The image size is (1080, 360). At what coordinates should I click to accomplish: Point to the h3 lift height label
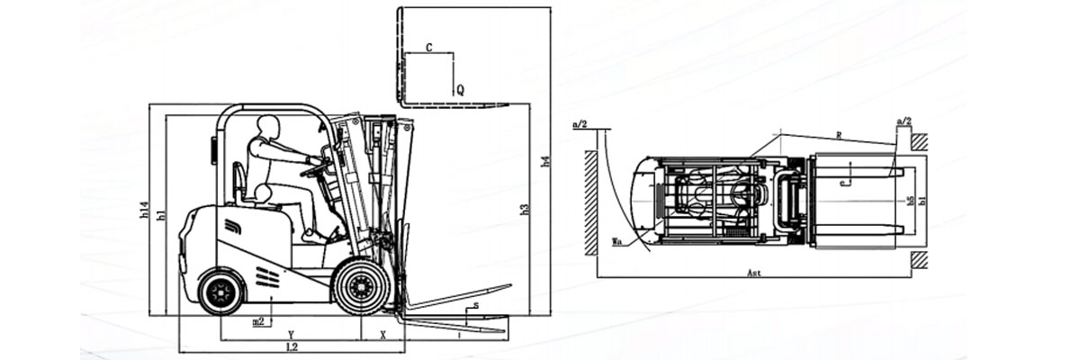525,210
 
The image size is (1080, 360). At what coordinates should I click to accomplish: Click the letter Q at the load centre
459,90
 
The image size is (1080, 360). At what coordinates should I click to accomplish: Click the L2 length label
292,346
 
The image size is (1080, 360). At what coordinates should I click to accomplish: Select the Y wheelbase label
291,334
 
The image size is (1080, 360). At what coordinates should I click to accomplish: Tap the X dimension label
383,334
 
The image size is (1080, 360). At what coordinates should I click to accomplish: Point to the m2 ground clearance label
258,320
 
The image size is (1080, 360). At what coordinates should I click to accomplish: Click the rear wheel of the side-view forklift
220,292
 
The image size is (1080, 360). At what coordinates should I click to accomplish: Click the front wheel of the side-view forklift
362,286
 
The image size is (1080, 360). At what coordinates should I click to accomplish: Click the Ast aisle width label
753,272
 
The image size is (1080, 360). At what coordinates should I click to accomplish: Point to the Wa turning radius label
616,241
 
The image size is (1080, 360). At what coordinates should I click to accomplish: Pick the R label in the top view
838,135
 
